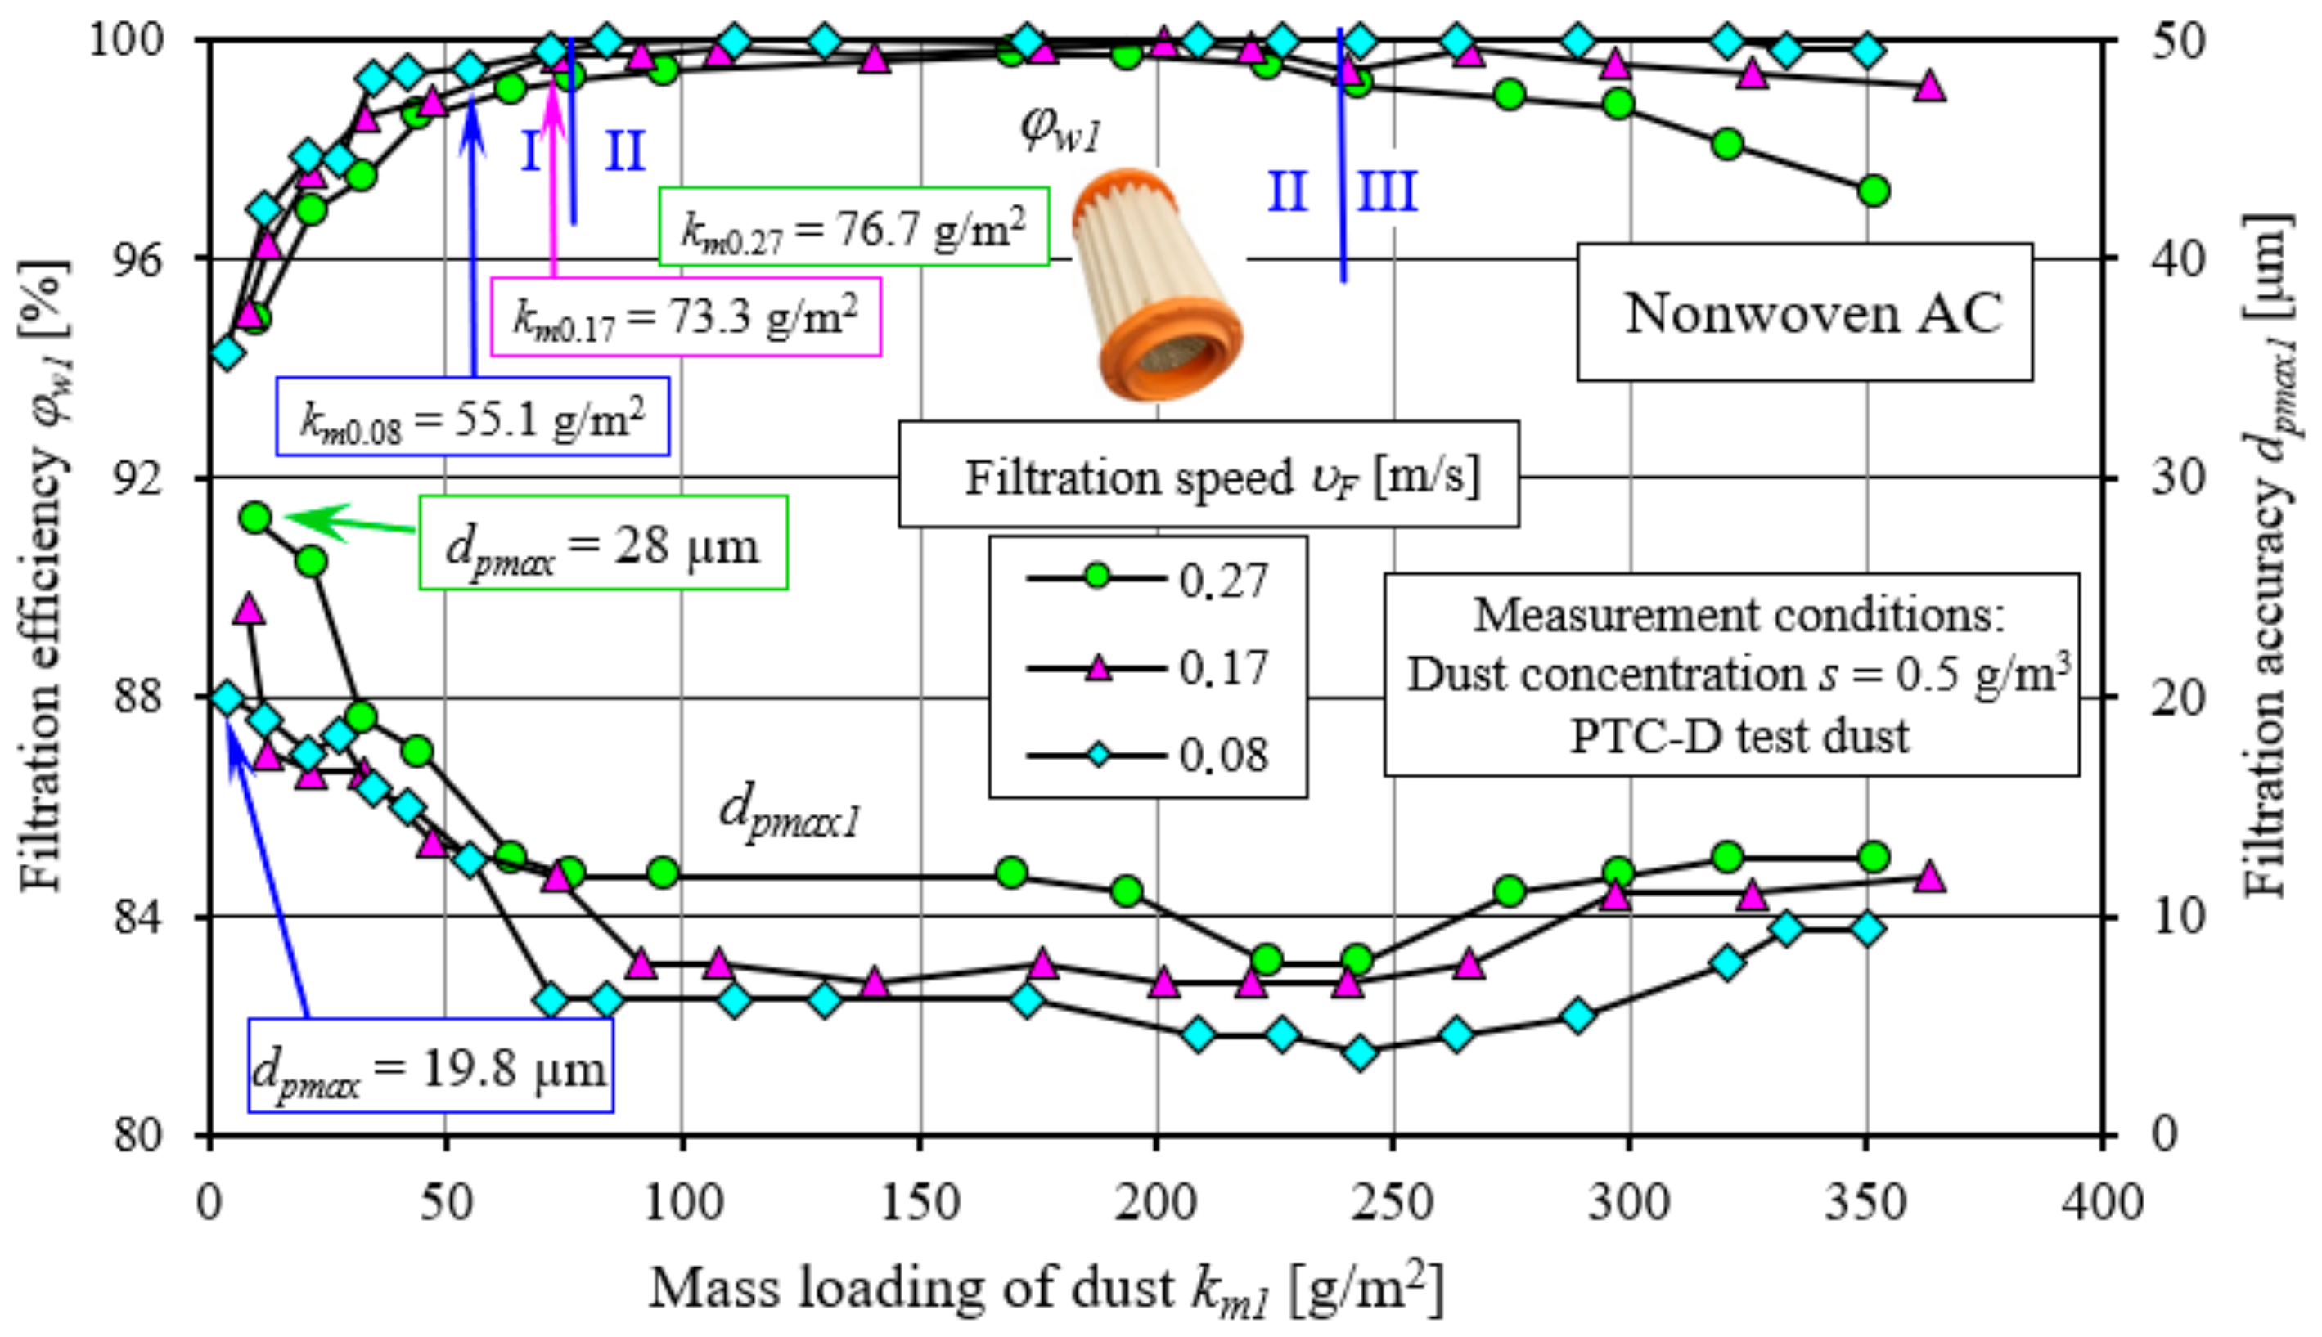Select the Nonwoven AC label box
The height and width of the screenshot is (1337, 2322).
tap(1805, 312)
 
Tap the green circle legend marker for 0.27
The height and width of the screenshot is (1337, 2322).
tap(1096, 578)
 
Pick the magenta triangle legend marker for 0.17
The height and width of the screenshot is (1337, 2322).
tap(1096, 666)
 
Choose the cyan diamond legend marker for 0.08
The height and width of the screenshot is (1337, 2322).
tap(1096, 755)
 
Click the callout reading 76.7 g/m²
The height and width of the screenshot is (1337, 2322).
tap(854, 227)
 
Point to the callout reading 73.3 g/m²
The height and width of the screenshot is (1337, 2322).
tap(686, 316)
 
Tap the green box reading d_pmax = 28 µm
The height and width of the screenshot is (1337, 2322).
tap(604, 544)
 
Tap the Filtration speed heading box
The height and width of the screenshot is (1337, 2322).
tap(1208, 476)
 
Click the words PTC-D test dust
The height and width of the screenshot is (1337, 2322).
tap(1739, 734)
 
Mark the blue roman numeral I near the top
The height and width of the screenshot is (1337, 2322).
tap(531, 150)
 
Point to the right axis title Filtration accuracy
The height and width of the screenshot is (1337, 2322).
tap(2267, 555)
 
